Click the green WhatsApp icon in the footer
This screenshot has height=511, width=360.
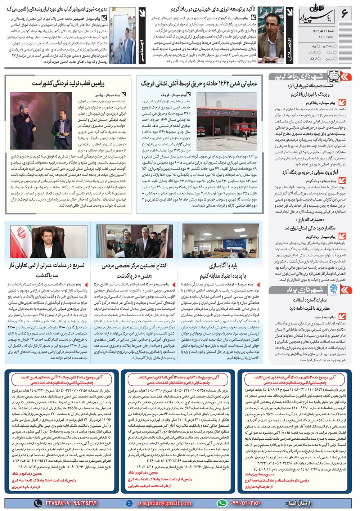[222, 503]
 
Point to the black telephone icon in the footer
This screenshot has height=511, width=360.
[38, 503]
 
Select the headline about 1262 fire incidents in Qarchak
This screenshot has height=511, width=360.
[199, 84]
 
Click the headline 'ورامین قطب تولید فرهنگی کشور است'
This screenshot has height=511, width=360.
[68, 84]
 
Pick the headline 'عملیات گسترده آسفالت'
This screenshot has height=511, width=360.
[310, 300]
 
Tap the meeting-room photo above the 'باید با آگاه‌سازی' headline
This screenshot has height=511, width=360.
[220, 241]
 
